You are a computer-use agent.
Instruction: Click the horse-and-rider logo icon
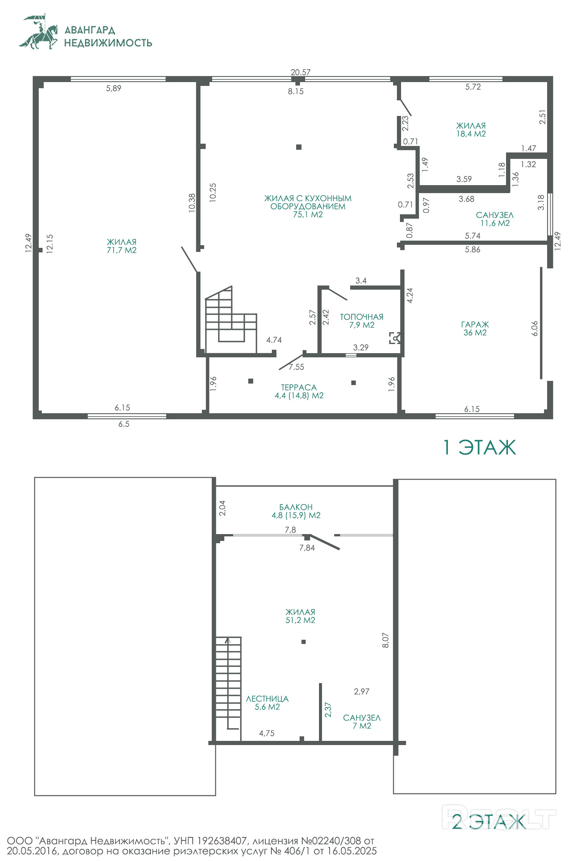(x=39, y=32)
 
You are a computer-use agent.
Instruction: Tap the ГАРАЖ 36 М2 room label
(x=475, y=328)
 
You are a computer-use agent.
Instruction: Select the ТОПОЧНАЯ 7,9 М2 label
(x=362, y=321)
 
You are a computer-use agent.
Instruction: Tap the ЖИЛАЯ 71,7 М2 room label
(x=122, y=246)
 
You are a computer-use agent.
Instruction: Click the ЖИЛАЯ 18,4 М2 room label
(x=471, y=130)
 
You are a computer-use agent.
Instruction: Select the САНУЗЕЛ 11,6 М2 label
(x=495, y=219)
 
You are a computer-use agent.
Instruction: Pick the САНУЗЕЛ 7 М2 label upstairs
(x=362, y=721)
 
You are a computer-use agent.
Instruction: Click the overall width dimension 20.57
(x=300, y=72)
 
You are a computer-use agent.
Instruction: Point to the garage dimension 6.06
(x=535, y=328)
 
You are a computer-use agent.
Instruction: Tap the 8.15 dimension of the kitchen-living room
(x=296, y=91)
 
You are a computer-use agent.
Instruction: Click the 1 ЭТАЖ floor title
(x=480, y=447)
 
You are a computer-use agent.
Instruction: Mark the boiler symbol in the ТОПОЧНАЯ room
(x=395, y=338)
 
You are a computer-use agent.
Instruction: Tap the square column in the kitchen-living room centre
(x=299, y=147)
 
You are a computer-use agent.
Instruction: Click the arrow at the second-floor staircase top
(x=228, y=640)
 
